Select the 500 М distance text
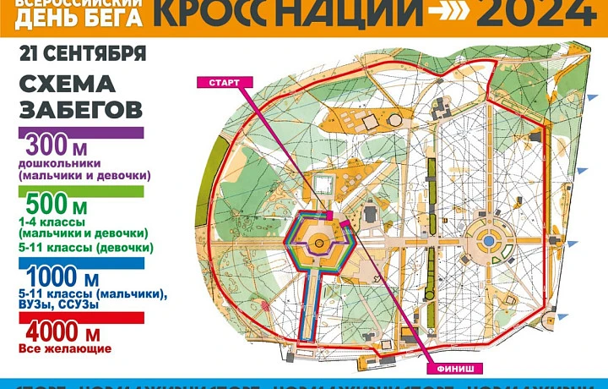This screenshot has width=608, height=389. [x=57, y=205]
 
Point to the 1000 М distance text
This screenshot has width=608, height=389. [x=63, y=278]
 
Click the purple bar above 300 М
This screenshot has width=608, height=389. [x=81, y=133]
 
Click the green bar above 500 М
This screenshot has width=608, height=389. [x=81, y=191]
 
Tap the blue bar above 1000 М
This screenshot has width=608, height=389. [x=81, y=263]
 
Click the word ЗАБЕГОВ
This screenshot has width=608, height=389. [x=79, y=110]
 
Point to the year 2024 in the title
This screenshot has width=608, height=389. [x=532, y=13]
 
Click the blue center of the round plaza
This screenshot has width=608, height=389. [x=488, y=242]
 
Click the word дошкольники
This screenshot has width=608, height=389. [x=60, y=163]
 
